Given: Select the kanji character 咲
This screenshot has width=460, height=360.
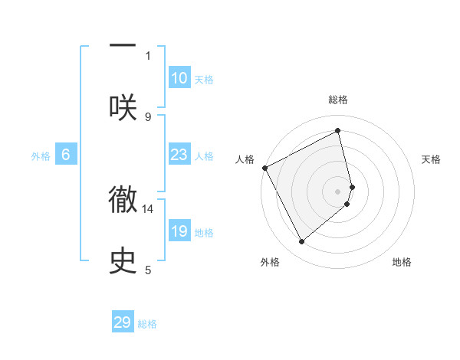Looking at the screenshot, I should [x=123, y=106].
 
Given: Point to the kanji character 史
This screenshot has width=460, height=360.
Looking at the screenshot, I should [x=123, y=260].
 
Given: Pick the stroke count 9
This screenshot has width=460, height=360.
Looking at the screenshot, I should [x=148, y=116].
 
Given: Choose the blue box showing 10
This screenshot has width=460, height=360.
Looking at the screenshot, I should [x=179, y=78].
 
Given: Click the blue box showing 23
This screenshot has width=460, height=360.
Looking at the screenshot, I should [x=179, y=155].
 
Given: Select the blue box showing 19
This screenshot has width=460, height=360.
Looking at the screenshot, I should [x=179, y=231].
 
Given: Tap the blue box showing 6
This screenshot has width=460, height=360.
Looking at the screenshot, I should [x=66, y=155].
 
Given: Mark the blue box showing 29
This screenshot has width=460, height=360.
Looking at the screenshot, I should [x=123, y=322].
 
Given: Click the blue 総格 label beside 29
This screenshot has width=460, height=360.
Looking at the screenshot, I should [x=147, y=324].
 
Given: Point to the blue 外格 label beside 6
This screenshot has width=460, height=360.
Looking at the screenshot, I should [x=41, y=156].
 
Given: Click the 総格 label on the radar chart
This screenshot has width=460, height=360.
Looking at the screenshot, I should [x=338, y=100].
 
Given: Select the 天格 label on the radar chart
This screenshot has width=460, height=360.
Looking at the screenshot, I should [x=432, y=159].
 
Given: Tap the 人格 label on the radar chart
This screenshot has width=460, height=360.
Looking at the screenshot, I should [x=245, y=159].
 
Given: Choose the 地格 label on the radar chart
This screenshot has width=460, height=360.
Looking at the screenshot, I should [x=402, y=262].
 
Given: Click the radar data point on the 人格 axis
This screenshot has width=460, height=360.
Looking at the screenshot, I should [x=264, y=168].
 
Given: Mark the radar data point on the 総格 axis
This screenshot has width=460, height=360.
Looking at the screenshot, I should [x=338, y=131].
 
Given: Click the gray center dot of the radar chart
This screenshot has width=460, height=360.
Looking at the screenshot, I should [x=338, y=191].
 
